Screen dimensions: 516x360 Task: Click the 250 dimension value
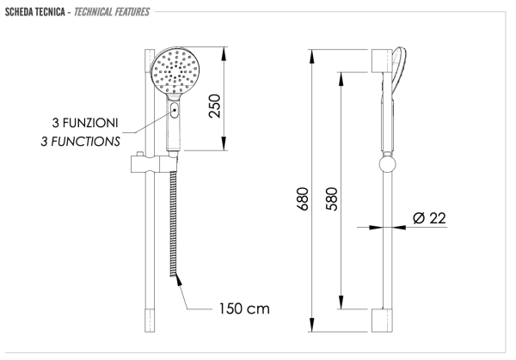(x=214, y=106)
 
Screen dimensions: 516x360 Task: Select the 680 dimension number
(x=303, y=198)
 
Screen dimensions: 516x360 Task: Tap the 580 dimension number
(x=332, y=198)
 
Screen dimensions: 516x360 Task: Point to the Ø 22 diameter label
(x=429, y=218)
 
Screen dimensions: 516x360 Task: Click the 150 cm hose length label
(x=244, y=308)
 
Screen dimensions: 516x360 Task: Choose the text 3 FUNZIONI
(x=85, y=123)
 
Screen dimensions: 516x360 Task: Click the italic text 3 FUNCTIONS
(x=80, y=142)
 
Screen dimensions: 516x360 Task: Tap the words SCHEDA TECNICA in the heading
(x=35, y=12)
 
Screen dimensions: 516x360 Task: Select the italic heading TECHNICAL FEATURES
(x=112, y=12)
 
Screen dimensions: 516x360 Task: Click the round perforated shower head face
(x=175, y=71)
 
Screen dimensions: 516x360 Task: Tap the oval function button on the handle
(x=175, y=110)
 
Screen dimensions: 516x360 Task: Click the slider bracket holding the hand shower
(x=154, y=163)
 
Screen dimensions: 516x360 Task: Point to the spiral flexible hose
(x=173, y=224)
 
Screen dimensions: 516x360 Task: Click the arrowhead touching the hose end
(x=179, y=280)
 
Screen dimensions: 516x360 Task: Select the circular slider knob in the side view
(x=387, y=164)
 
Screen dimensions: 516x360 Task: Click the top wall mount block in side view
(x=382, y=61)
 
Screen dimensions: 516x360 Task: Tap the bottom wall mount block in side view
(x=382, y=320)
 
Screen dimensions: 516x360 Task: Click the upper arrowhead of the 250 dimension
(x=224, y=54)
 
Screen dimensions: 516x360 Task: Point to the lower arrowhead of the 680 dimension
(x=312, y=325)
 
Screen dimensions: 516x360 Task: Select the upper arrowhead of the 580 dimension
(x=341, y=79)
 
